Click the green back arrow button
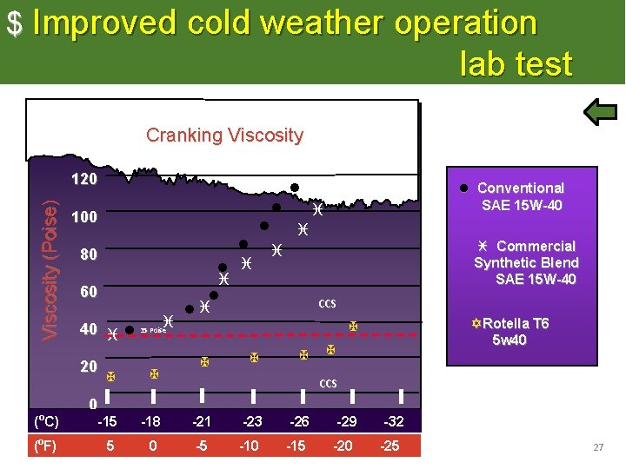tap(599, 114)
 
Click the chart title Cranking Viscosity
tap(224, 135)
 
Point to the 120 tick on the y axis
tap(83, 180)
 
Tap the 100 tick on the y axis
tap(83, 217)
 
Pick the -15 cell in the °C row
tap(107, 422)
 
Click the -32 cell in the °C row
tap(394, 422)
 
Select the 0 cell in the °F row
tap(153, 446)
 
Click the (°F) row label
tap(45, 446)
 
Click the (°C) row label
tap(45, 422)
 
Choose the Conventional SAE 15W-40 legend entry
tap(520, 196)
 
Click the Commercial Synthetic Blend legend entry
tap(525, 262)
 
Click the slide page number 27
tap(597, 447)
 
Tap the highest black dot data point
tap(295, 188)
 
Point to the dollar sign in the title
tap(15, 24)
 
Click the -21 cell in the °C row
tap(202, 422)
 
